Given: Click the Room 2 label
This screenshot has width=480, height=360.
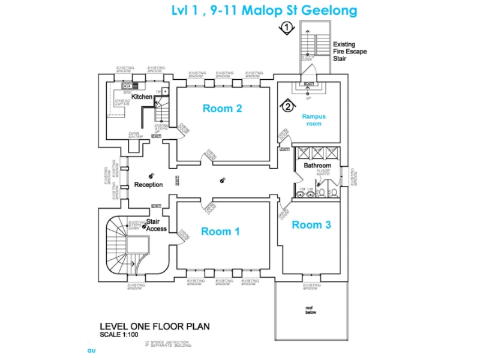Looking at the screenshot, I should click(223, 109).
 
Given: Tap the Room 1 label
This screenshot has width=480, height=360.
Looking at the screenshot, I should click(220, 232).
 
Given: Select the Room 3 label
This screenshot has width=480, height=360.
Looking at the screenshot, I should click(311, 224).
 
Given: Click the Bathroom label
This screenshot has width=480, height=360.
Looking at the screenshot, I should click(317, 166).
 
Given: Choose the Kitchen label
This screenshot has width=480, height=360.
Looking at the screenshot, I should click(142, 97).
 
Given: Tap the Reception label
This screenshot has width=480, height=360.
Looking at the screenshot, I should click(149, 185).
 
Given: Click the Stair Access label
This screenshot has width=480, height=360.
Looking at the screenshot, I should click(157, 224).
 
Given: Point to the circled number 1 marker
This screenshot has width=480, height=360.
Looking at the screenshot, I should click(288, 28).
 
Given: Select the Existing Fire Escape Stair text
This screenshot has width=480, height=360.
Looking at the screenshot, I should click(349, 52).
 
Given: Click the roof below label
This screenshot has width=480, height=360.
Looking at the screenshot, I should click(310, 310).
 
